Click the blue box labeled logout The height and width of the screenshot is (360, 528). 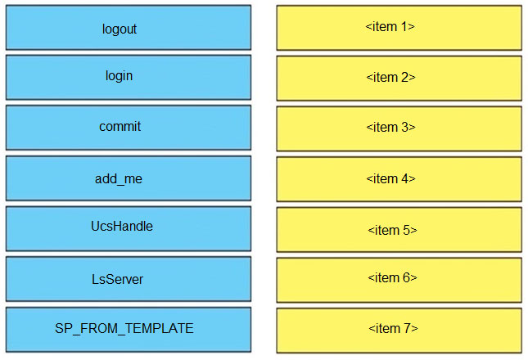click(x=129, y=28)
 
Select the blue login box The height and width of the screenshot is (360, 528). click(x=129, y=78)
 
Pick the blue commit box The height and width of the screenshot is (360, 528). click(x=129, y=128)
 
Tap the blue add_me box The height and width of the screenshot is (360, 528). click(x=129, y=178)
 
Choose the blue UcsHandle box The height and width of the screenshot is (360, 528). click(x=129, y=229)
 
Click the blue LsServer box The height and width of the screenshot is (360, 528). click(x=129, y=279)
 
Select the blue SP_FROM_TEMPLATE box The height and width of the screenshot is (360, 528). click(x=129, y=330)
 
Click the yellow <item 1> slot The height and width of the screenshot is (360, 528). click(x=399, y=28)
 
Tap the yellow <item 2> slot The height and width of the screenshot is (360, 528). click(x=399, y=79)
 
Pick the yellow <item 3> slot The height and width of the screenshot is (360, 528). click(x=399, y=128)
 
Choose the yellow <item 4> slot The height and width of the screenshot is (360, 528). click(x=399, y=179)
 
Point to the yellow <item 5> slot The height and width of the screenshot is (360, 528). click(x=399, y=230)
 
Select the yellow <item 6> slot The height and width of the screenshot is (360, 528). click(x=399, y=281)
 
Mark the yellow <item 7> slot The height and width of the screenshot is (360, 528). click(x=399, y=331)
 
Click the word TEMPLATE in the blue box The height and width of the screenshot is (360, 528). click(x=160, y=328)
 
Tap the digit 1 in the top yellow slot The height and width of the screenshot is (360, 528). click(x=404, y=26)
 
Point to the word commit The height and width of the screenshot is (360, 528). click(x=120, y=127)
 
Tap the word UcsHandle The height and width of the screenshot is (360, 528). click(x=122, y=226)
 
